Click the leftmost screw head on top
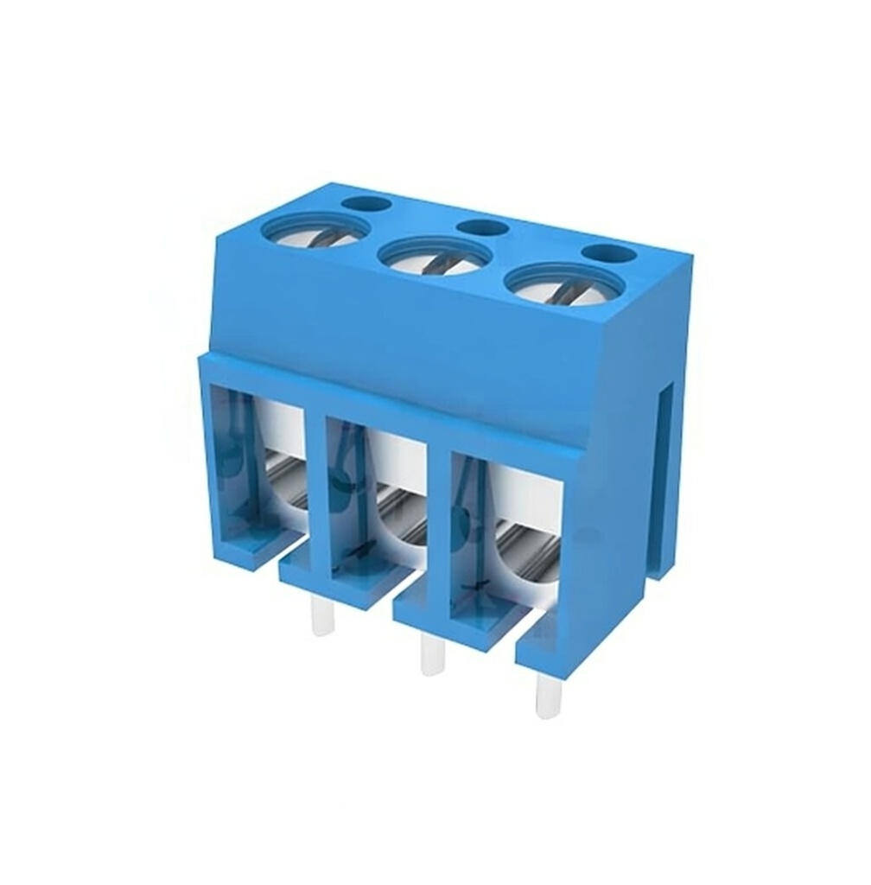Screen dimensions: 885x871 point(315,230)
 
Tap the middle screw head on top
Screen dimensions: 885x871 point(435,256)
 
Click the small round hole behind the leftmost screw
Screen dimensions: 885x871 point(366,205)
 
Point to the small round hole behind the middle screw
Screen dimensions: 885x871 point(483,228)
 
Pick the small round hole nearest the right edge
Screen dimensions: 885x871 point(609,253)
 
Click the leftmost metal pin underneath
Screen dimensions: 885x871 point(322,615)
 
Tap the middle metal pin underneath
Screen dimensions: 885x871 point(432,654)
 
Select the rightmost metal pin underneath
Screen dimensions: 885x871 point(548,695)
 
